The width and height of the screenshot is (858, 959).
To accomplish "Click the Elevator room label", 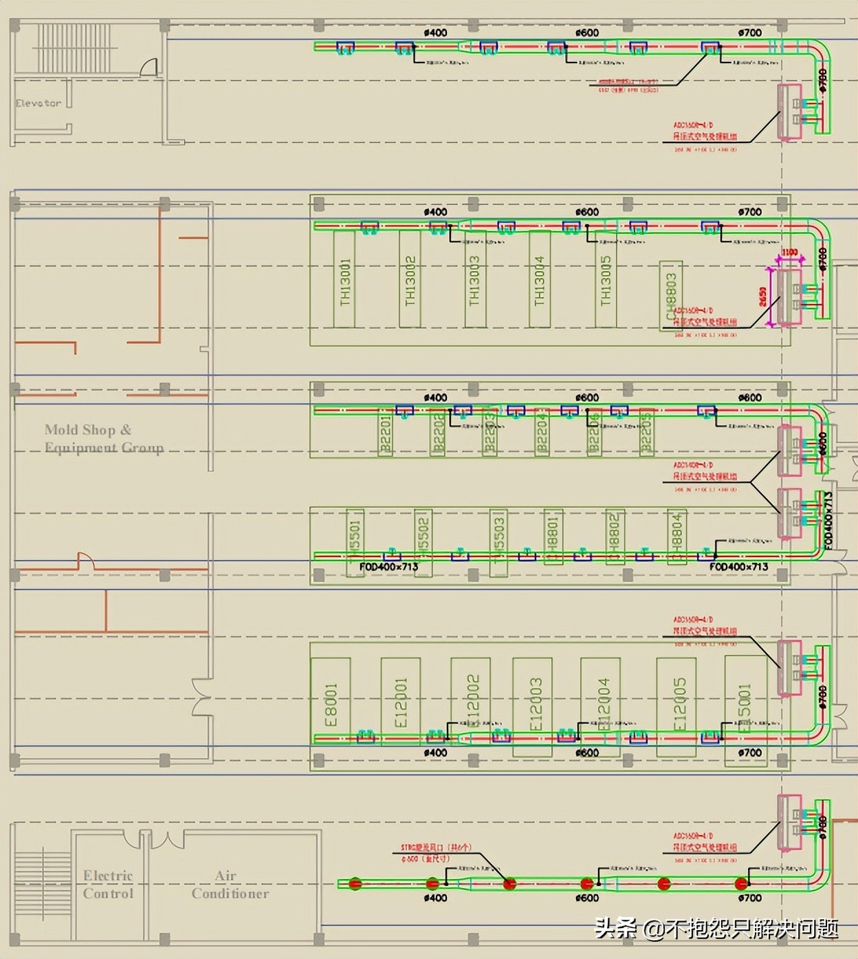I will click(x=38, y=103).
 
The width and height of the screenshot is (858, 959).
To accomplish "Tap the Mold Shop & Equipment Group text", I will click(x=104, y=438).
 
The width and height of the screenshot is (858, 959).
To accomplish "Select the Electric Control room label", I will click(x=108, y=884).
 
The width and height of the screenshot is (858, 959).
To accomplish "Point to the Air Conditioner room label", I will click(x=230, y=884).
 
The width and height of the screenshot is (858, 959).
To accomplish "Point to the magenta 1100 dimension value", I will click(x=789, y=252).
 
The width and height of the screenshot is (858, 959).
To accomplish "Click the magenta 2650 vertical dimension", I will click(x=763, y=297).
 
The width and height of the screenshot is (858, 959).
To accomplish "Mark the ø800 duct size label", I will click(x=749, y=398).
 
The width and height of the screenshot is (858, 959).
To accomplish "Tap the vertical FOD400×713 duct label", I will click(x=828, y=520).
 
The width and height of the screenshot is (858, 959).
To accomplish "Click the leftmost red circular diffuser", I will click(x=355, y=883).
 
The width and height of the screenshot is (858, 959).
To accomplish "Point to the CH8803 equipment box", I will click(x=671, y=296).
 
